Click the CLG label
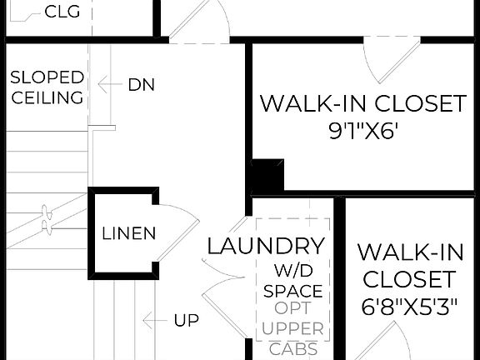pyautogui.click(x=62, y=12)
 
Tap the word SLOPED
pyautogui.click(x=47, y=77)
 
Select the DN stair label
pyautogui.click(x=141, y=84)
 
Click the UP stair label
pyautogui.click(x=187, y=320)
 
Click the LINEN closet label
pyautogui.click(x=128, y=233)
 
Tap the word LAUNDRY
pyautogui.click(x=266, y=247)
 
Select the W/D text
pyautogui.click(x=292, y=271)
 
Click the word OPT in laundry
pyautogui.click(x=292, y=310)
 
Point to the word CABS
pyautogui.click(x=292, y=348)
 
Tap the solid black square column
pyautogui.click(x=267, y=177)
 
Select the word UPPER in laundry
pyautogui.click(x=292, y=330)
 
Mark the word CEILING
pyautogui.click(x=47, y=97)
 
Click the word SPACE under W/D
pyautogui.click(x=292, y=291)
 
